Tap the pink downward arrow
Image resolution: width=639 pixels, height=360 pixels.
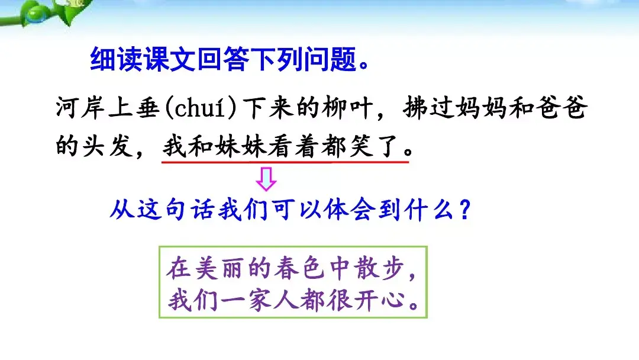266,179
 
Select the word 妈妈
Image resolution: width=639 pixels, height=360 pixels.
467,110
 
